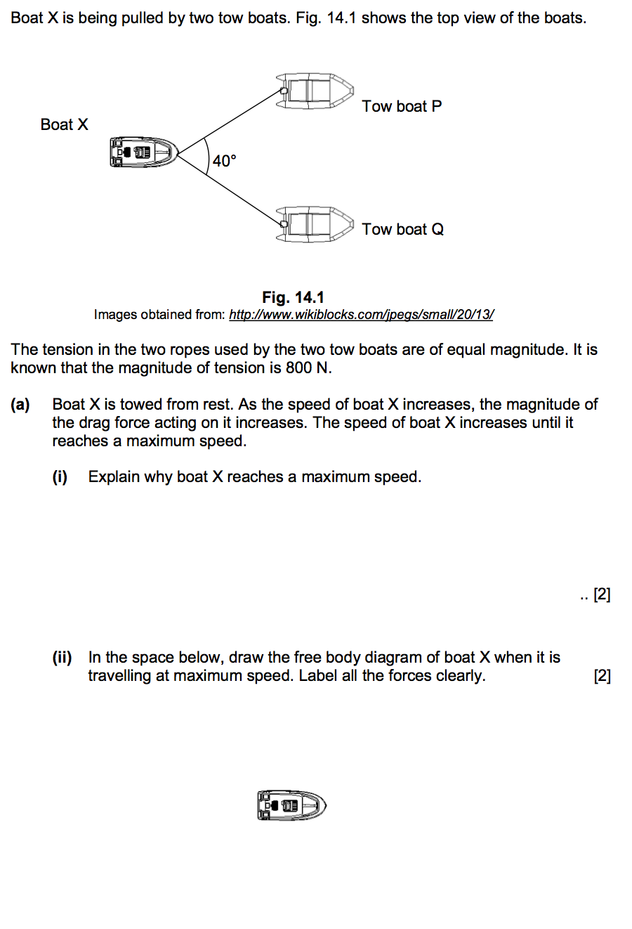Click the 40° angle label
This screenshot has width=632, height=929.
(225, 161)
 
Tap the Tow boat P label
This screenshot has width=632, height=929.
(402, 106)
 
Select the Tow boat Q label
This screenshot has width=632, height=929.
(402, 229)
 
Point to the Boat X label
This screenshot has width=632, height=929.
(64, 124)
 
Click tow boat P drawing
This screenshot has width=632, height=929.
(315, 91)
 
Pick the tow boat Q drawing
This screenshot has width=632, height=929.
(315, 223)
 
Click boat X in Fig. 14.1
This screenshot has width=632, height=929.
(143, 152)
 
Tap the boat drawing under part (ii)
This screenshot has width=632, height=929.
(291, 805)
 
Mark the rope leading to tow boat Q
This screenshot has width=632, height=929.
(232, 188)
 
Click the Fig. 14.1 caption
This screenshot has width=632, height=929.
(293, 297)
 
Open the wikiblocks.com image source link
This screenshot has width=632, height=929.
(361, 315)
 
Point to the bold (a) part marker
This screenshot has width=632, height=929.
(20, 404)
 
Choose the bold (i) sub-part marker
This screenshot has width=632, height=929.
(60, 476)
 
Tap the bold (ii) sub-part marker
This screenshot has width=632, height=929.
(62, 657)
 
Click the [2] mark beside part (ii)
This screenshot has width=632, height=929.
(602, 675)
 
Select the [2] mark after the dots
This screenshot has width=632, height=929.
(602, 595)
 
